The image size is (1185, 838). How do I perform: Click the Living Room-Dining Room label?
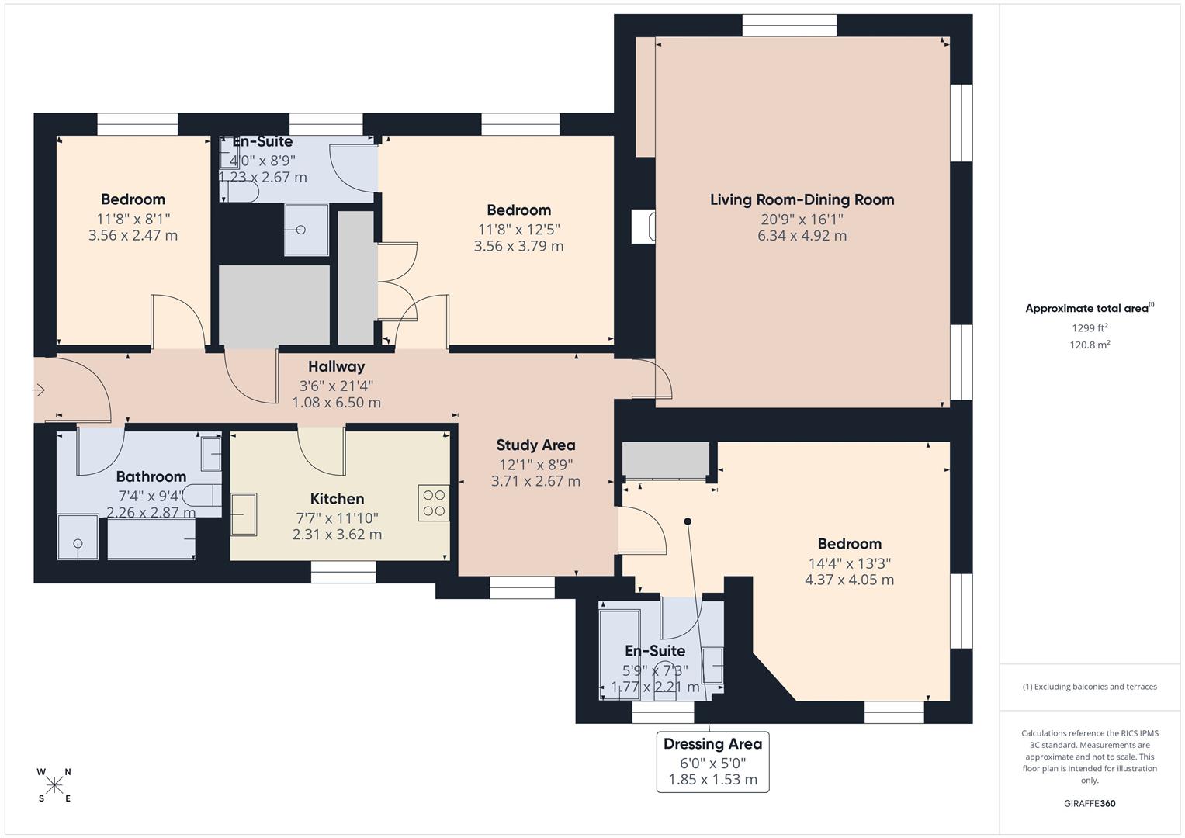(802, 199)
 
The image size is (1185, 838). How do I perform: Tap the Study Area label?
(535, 445)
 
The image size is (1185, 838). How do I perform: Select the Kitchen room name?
(337, 498)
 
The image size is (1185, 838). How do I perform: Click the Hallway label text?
(336, 366)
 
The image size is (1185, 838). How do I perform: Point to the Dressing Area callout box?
(712, 761)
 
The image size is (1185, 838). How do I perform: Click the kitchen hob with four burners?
(434, 502)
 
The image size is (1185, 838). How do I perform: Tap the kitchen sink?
(244, 514)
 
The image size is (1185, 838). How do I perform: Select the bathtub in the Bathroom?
(151, 540)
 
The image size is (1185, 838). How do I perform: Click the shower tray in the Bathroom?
(78, 537)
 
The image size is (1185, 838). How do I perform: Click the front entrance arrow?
(39, 390)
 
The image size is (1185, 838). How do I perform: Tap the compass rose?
(54, 785)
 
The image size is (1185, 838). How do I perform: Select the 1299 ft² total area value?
(1090, 327)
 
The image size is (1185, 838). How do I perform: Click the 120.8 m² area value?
(1090, 345)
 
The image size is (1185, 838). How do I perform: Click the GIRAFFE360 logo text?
(1090, 803)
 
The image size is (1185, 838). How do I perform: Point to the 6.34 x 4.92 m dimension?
(802, 236)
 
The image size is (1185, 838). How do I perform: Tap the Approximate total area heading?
(1089, 308)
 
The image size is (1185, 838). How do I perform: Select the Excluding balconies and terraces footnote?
(1090, 687)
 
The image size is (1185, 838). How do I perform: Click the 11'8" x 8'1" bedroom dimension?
(133, 219)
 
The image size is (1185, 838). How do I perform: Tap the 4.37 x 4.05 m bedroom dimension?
(849, 580)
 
